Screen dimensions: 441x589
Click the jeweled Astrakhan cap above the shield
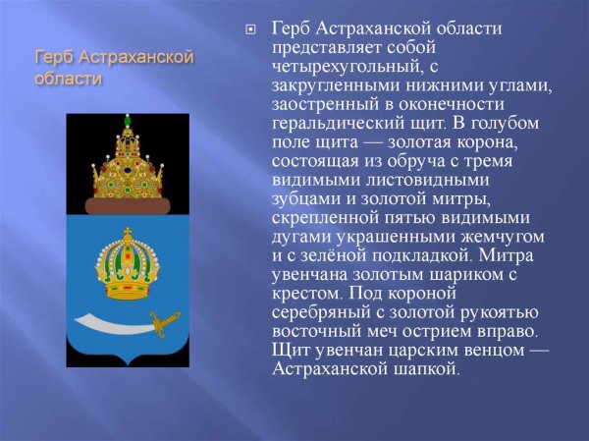(x=126, y=162)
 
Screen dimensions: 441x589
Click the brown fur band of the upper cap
(x=126, y=205)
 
